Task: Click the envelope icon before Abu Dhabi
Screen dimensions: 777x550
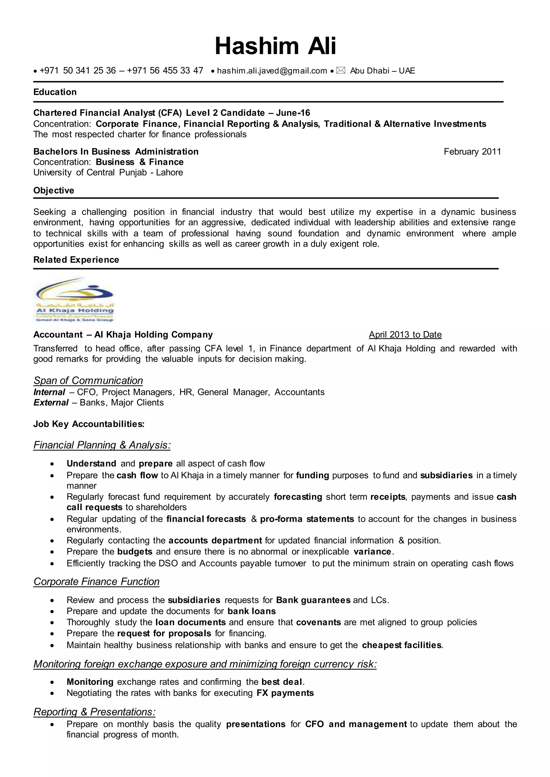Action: pyautogui.click(x=341, y=70)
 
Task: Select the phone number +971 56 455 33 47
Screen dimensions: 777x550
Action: pyautogui.click(x=165, y=70)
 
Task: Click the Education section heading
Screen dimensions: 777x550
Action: pyautogui.click(x=55, y=92)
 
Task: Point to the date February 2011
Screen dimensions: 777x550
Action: pyautogui.click(x=472, y=151)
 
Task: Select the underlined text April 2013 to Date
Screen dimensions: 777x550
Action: pyautogui.click(x=405, y=335)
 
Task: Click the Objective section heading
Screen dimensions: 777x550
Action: pyautogui.click(x=53, y=190)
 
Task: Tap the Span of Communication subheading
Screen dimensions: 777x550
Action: pyautogui.click(x=88, y=380)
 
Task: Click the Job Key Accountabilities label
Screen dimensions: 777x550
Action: pyautogui.click(x=89, y=424)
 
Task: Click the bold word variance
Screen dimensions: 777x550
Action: pyautogui.click(x=372, y=551)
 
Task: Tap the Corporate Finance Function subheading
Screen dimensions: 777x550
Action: pyautogui.click(x=96, y=581)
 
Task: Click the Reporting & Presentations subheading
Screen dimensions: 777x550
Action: pyautogui.click(x=94, y=712)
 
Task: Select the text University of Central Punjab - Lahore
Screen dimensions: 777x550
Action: pyautogui.click(x=108, y=172)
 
